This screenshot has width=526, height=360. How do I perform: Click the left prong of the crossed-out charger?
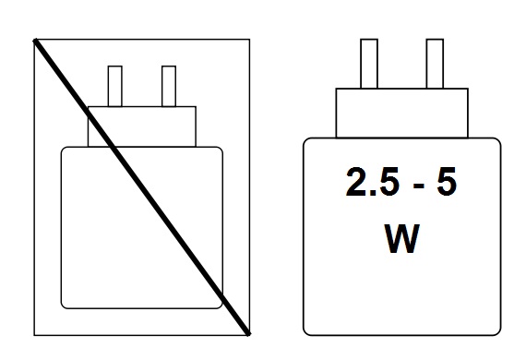tap(115, 86)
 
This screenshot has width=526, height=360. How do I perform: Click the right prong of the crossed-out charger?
tap(169, 86)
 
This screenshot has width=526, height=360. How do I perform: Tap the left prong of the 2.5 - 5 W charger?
tap(369, 64)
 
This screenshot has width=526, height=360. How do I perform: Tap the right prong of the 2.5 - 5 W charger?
tap(435, 64)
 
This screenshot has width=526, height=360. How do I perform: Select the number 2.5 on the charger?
tap(373, 182)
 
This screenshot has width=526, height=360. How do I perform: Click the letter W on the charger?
tap(401, 238)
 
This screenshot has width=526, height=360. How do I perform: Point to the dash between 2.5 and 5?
tap(419, 186)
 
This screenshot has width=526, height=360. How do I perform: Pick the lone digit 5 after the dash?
tap(446, 182)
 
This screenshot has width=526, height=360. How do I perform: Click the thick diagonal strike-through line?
tap(141, 187)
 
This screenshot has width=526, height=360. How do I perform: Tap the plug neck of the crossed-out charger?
tap(142, 126)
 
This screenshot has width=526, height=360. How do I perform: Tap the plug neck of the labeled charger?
tap(401, 113)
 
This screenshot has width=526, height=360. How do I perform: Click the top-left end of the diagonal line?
tap(34, 41)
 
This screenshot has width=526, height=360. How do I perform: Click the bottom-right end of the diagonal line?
tap(249, 334)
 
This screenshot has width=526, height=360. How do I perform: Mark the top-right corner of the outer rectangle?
tap(249, 40)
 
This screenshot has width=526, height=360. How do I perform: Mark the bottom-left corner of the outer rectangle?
tap(34, 335)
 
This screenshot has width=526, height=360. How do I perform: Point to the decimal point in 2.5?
tap(370, 193)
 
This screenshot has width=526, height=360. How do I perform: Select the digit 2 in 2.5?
tap(355, 182)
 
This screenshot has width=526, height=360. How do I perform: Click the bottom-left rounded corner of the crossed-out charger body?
tap(64, 306)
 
